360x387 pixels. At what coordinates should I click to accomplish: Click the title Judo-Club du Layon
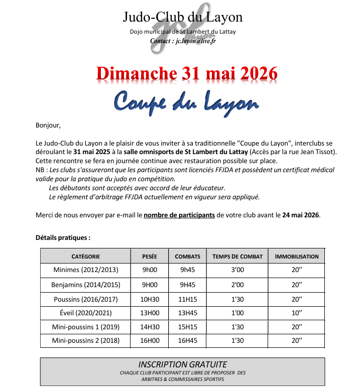(183, 18)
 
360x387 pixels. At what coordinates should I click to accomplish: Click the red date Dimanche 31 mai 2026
(187, 73)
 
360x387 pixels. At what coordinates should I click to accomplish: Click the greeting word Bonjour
(48, 125)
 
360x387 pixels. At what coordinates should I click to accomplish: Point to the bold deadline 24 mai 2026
(300, 215)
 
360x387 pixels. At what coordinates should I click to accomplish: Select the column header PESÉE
(150, 256)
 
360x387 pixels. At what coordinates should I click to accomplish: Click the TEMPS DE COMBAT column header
(237, 256)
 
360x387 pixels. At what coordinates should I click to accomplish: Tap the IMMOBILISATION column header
(297, 256)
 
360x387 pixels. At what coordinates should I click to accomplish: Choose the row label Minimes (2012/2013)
(86, 270)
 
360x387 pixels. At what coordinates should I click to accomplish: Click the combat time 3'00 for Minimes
(237, 270)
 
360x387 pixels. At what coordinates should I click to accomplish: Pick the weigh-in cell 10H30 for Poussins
(149, 299)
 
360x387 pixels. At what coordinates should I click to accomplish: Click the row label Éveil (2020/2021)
(86, 313)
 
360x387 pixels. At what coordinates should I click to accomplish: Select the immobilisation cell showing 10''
(297, 313)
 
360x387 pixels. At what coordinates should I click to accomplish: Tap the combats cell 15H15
(187, 327)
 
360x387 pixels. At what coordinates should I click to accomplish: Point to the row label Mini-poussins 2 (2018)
(86, 341)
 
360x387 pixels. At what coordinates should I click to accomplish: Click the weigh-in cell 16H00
(149, 341)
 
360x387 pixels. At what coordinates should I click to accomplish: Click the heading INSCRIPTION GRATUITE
(182, 364)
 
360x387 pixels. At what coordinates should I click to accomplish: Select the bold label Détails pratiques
(63, 237)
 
